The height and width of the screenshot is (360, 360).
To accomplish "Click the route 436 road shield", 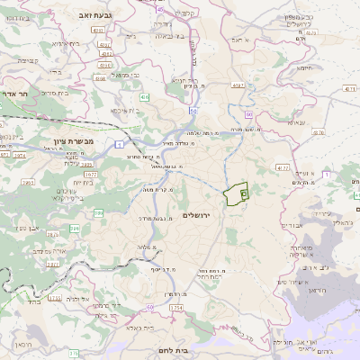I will pos(145,95).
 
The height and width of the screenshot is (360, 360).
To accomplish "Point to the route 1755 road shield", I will pos(176,309).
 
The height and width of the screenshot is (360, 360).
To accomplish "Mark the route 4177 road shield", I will pos(283,167).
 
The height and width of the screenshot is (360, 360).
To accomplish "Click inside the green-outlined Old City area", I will pos(235,194).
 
